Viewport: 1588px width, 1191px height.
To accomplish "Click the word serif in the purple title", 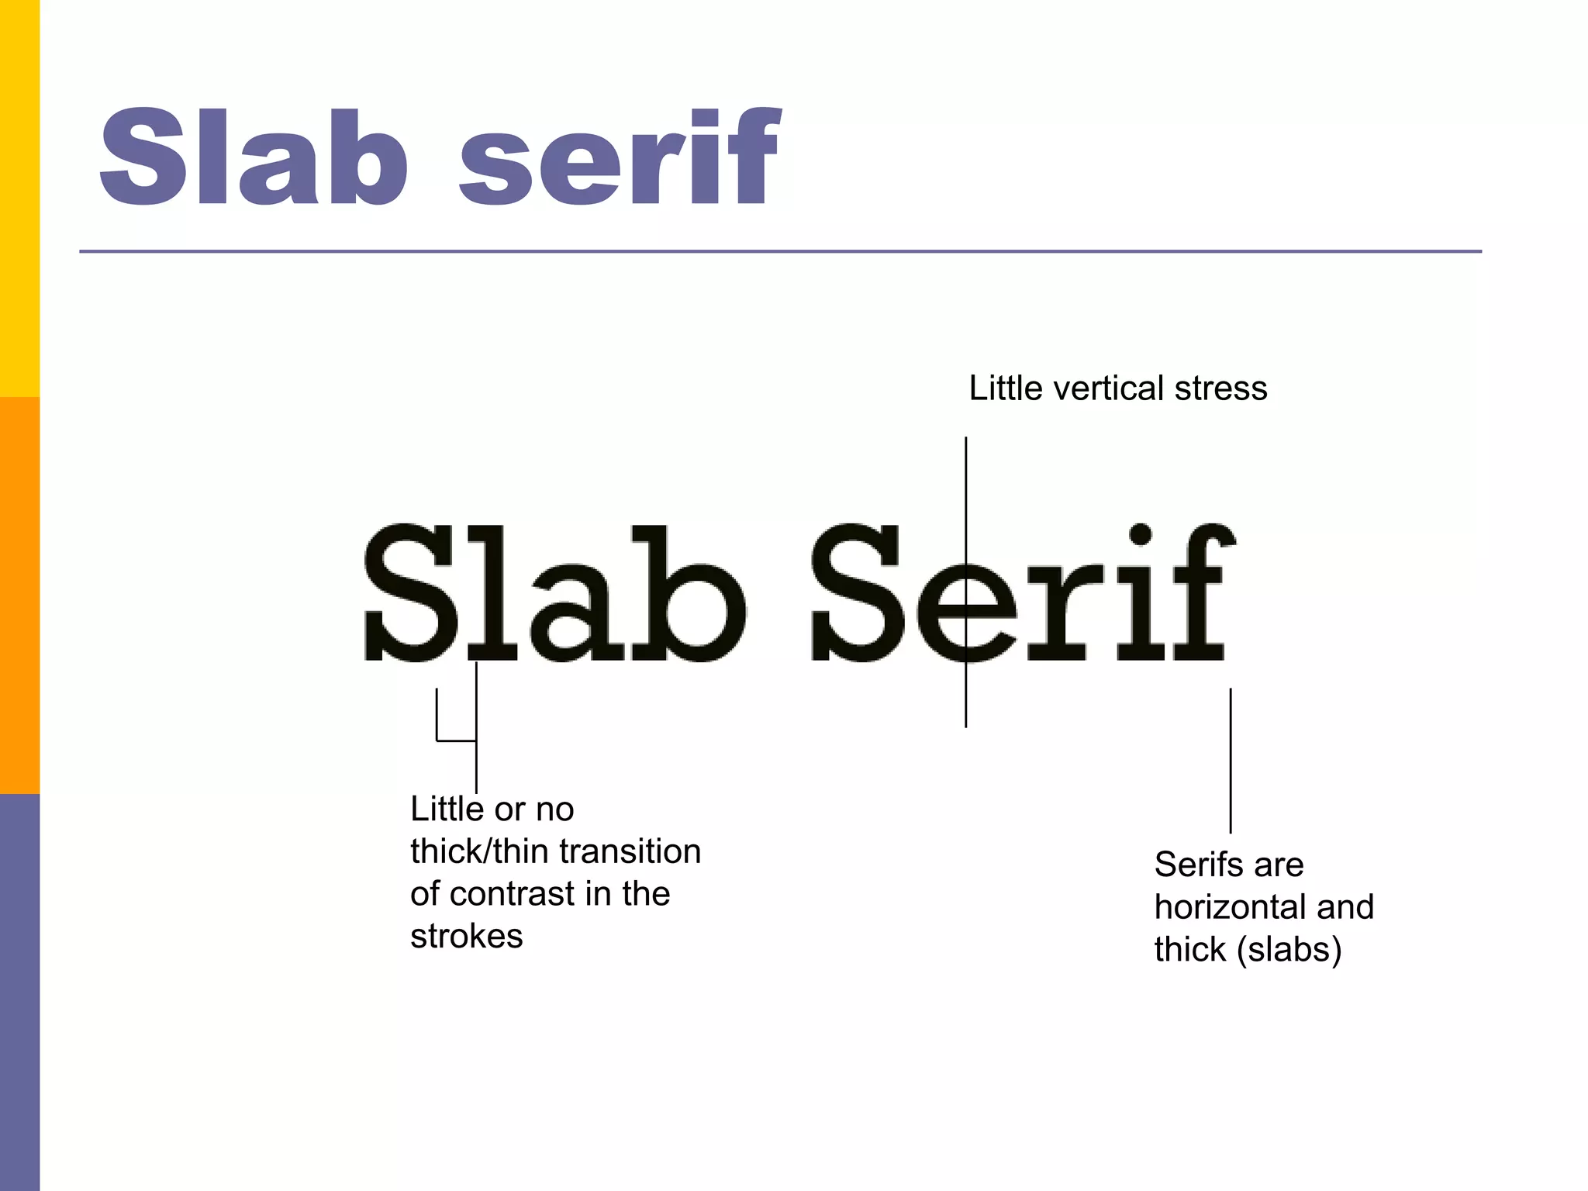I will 620,157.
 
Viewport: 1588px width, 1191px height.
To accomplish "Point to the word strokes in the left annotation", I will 467,937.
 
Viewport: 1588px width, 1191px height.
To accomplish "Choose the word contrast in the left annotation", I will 513,894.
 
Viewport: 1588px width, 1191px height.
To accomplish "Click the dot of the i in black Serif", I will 1140,534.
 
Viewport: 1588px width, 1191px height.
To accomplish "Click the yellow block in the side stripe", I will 19,198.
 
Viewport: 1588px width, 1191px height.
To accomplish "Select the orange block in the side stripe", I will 19,595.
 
